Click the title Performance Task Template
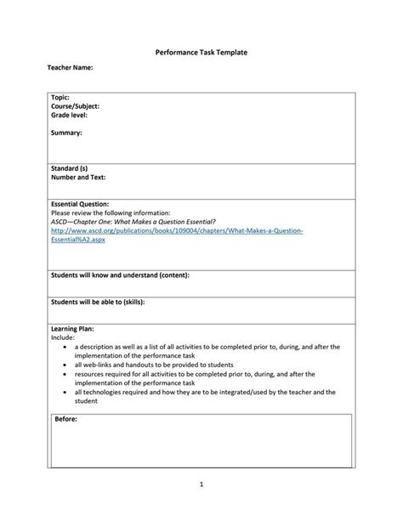point(201,52)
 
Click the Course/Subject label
point(76,106)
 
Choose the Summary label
point(66,133)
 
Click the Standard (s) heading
point(70,168)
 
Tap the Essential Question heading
point(80,204)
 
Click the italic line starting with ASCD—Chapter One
point(133,221)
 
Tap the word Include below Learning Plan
point(63,337)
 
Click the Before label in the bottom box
point(66,420)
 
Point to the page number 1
point(201,484)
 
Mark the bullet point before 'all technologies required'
point(65,391)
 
